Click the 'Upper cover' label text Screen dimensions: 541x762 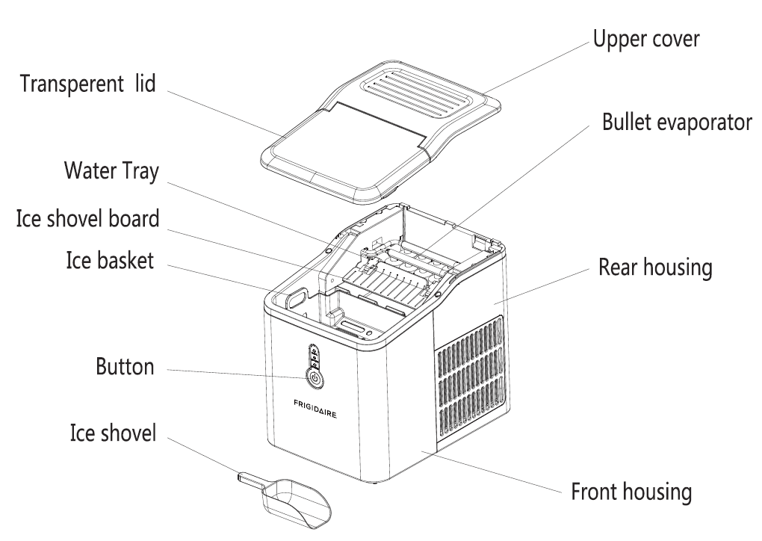tap(647, 39)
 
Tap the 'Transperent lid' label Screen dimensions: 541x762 tap(87, 83)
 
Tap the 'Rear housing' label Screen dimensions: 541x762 tap(654, 267)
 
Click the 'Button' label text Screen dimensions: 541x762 tap(124, 367)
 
